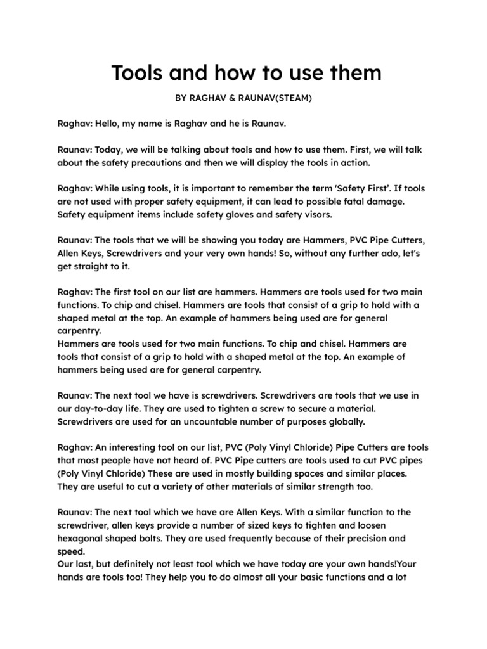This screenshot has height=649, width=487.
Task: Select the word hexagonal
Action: tap(85, 537)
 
